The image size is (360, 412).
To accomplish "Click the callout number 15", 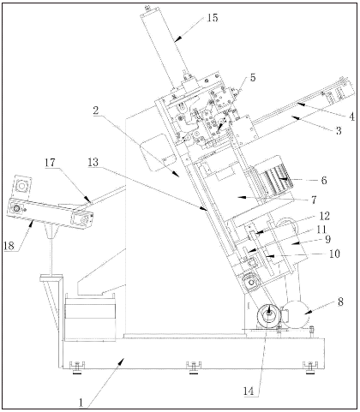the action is click(213, 18).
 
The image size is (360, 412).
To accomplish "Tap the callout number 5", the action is click(253, 78).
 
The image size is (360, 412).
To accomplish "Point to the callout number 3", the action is click(339, 131).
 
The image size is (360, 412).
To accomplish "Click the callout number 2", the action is click(96, 110).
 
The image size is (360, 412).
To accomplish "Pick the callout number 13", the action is click(93, 163).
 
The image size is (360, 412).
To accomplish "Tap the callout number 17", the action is click(50, 163).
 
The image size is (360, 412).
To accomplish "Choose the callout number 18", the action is click(9, 246).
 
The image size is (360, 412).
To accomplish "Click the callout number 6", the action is click(324, 181).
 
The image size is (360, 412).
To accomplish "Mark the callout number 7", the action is click(314, 200).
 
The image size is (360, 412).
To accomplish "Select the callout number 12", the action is click(324, 216).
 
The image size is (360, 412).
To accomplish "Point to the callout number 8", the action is click(340, 302).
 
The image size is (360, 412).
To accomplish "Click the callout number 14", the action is click(249, 391).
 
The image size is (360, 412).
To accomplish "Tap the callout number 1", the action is click(81, 403).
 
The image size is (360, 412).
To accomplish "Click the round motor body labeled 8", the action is click(297, 313).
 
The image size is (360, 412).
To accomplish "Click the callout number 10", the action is click(334, 254).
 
